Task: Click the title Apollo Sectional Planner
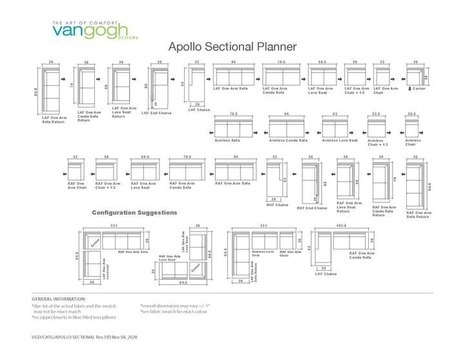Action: pos(232,47)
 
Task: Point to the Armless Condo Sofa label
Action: pos(288,140)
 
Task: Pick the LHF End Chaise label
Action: pos(156,113)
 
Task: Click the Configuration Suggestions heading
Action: pos(135,212)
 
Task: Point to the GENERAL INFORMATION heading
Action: pos(59,299)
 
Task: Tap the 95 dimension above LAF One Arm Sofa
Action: pos(233,63)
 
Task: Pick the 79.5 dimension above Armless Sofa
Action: pos(234,114)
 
